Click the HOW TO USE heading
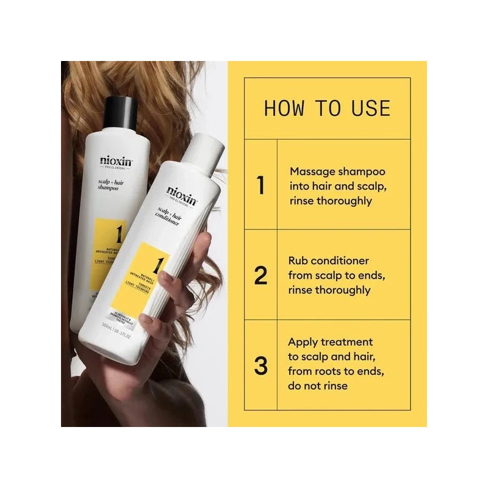[x=327, y=108]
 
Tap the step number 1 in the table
[x=261, y=185]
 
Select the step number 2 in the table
[x=261, y=275]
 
